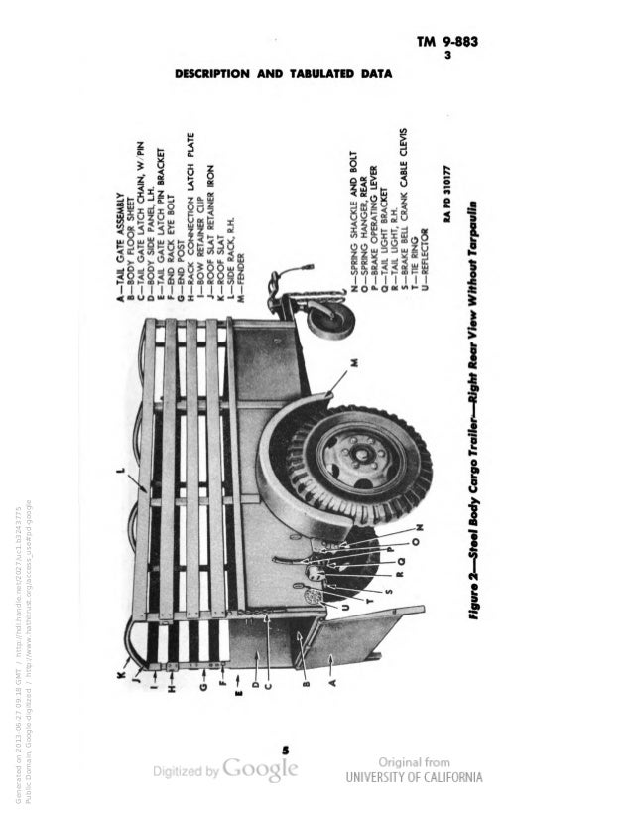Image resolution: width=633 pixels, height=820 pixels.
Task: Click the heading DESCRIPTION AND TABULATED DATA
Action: (x=284, y=73)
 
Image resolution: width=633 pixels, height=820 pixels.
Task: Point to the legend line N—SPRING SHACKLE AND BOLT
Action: (x=351, y=219)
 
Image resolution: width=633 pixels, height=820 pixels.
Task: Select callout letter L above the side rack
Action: (x=122, y=475)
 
